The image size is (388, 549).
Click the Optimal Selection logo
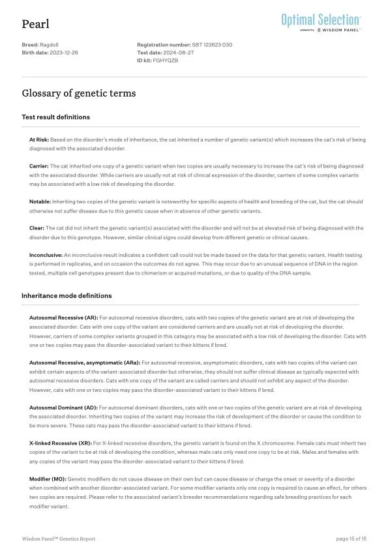coord(321,22)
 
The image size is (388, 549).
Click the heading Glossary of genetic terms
coord(79,94)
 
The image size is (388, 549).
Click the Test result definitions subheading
coord(55,117)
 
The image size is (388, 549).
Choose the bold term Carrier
coord(38,166)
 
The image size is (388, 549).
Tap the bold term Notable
coord(40,201)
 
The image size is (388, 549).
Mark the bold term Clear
coord(37,228)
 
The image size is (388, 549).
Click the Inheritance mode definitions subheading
coord(67,296)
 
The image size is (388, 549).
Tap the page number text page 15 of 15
coord(351,538)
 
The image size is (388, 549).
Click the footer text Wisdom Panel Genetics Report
coord(59,538)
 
